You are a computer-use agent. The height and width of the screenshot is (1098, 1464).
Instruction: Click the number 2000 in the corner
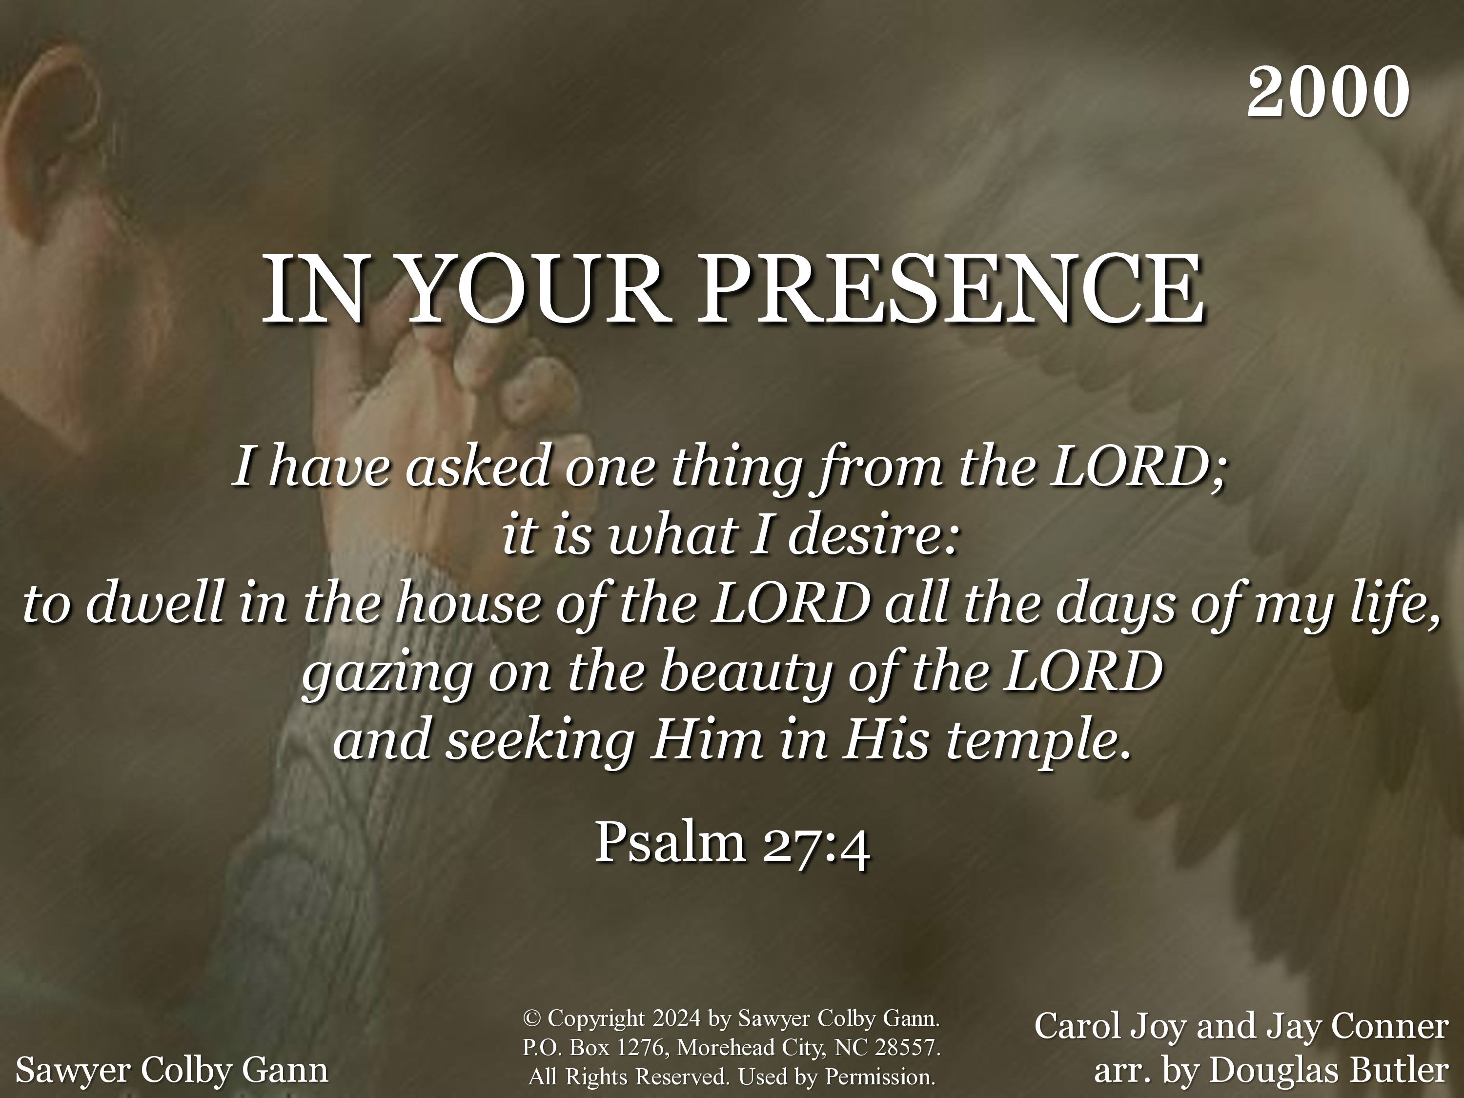1328,93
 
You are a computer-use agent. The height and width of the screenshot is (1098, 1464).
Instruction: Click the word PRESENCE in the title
952,290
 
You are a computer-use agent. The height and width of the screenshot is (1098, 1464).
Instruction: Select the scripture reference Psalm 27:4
732,842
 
